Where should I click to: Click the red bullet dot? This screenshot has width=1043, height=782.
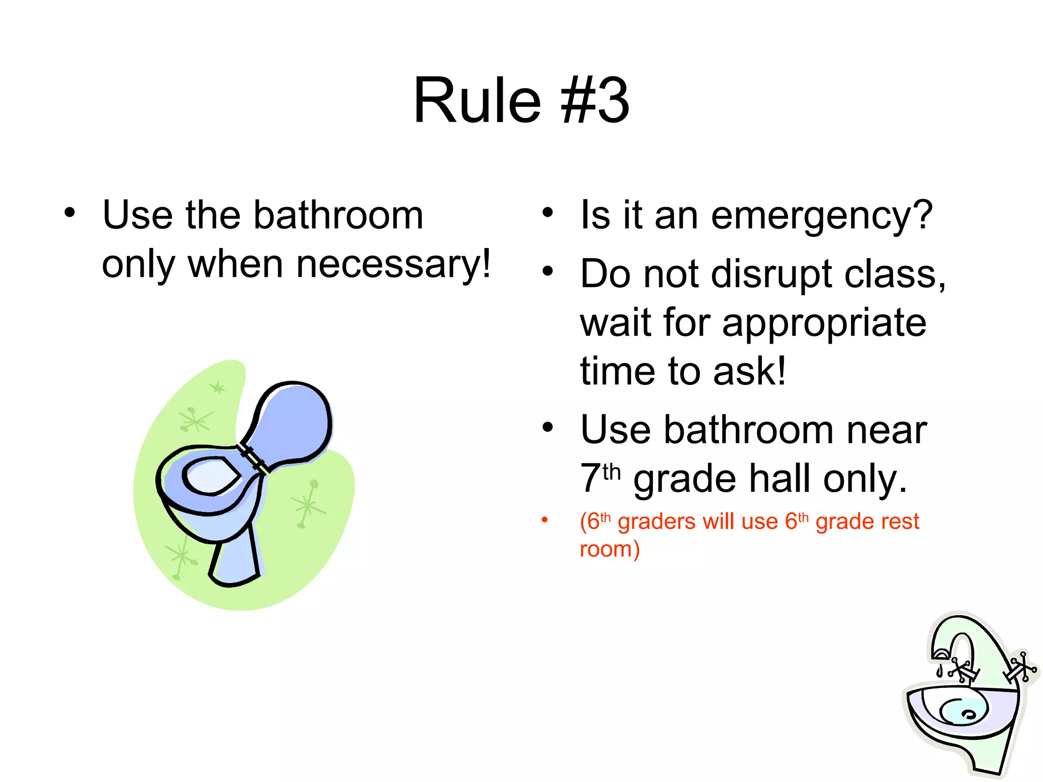(544, 520)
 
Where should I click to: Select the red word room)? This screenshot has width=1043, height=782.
(610, 549)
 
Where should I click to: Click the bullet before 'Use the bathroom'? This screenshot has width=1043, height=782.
(70, 213)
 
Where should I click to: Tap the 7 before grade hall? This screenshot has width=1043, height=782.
(590, 479)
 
